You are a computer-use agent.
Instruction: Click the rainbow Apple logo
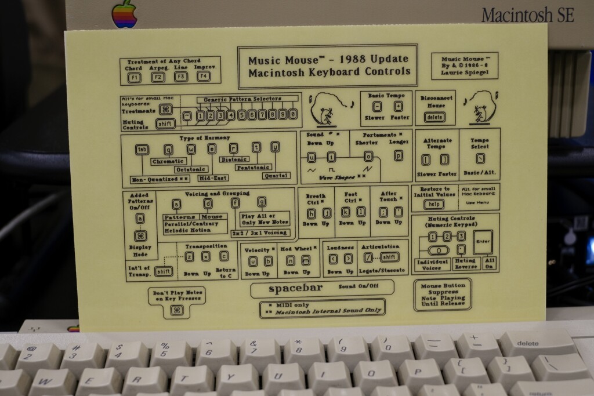click(x=125, y=13)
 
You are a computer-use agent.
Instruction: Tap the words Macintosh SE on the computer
click(x=527, y=14)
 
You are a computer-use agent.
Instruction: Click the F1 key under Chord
click(x=134, y=77)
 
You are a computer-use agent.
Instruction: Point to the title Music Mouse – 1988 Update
click(x=328, y=59)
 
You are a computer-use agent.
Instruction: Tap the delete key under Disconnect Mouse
click(x=434, y=117)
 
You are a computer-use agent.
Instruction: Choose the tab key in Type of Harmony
click(x=142, y=149)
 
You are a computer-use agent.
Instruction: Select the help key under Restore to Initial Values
click(x=432, y=204)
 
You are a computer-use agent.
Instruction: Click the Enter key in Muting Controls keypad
click(x=483, y=241)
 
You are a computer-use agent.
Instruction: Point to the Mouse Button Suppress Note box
click(x=442, y=294)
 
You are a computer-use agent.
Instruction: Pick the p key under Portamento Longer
click(x=398, y=155)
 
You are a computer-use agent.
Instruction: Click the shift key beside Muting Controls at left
click(x=165, y=123)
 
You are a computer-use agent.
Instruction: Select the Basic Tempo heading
click(x=386, y=95)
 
